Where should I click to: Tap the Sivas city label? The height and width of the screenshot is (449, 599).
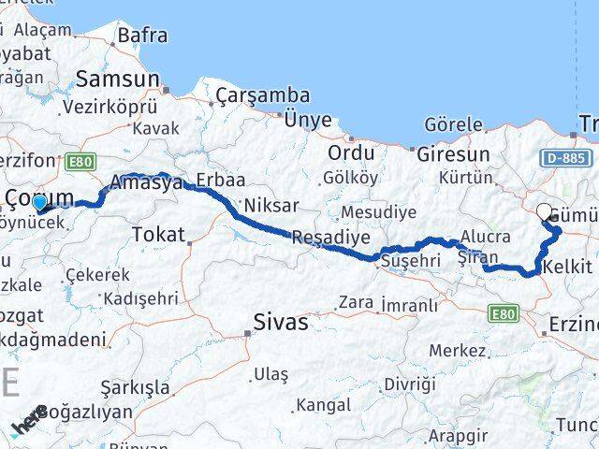(x=281, y=323)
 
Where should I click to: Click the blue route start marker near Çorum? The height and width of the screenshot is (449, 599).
(x=38, y=202)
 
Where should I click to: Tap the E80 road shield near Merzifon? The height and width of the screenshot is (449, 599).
(x=81, y=160)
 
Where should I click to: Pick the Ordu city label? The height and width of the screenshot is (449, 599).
(x=351, y=152)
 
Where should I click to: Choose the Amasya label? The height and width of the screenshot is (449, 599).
(x=146, y=183)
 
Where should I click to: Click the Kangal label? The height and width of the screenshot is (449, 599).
(x=323, y=405)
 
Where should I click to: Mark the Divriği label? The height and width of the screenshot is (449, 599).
(x=410, y=384)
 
